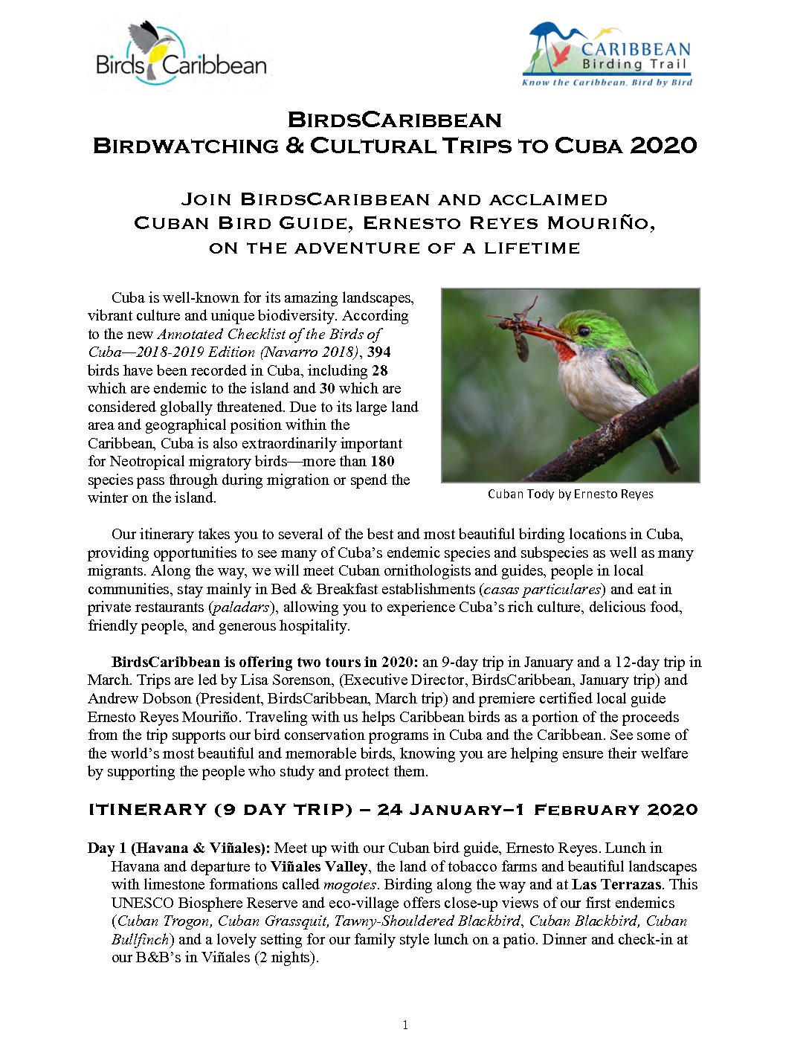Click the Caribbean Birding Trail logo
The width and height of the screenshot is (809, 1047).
pyautogui.click(x=607, y=56)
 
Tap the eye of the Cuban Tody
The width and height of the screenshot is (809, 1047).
pyautogui.click(x=584, y=331)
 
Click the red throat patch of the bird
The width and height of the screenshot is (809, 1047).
pyautogui.click(x=566, y=350)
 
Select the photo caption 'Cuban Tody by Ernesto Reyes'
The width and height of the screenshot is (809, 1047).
pyautogui.click(x=570, y=494)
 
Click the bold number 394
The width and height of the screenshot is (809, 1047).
pyautogui.click(x=378, y=352)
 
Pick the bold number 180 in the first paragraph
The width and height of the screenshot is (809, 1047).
pyautogui.click(x=382, y=461)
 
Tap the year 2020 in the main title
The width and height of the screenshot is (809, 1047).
pyautogui.click(x=663, y=145)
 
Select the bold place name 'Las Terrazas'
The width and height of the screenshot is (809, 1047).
pyautogui.click(x=616, y=884)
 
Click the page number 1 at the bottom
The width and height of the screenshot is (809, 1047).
pyautogui.click(x=404, y=1025)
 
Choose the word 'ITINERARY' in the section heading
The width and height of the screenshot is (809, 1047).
pyautogui.click(x=147, y=809)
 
